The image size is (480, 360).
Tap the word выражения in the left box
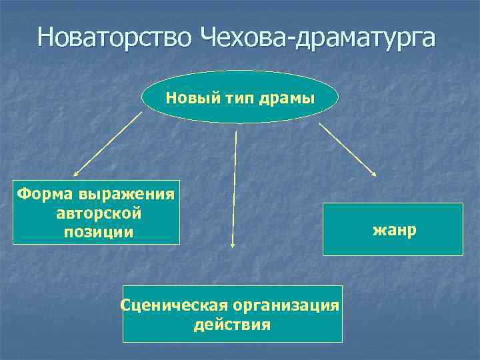pyautogui.click(x=127, y=195)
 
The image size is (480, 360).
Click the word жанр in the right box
pyautogui.click(x=394, y=230)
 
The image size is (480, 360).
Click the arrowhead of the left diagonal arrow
pyautogui.click(x=75, y=173)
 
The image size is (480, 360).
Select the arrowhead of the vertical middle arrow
pyautogui.click(x=232, y=244)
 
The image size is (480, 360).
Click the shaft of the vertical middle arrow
pyautogui.click(x=234, y=187)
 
